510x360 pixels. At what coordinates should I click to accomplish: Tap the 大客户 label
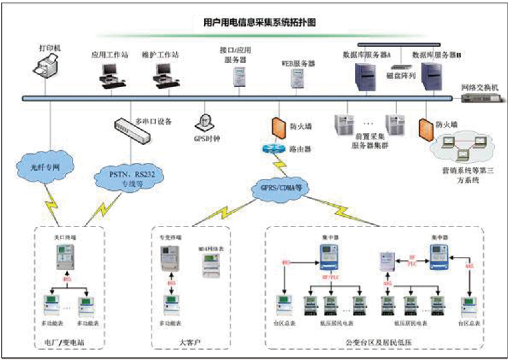pyautogui.click(x=190, y=343)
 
